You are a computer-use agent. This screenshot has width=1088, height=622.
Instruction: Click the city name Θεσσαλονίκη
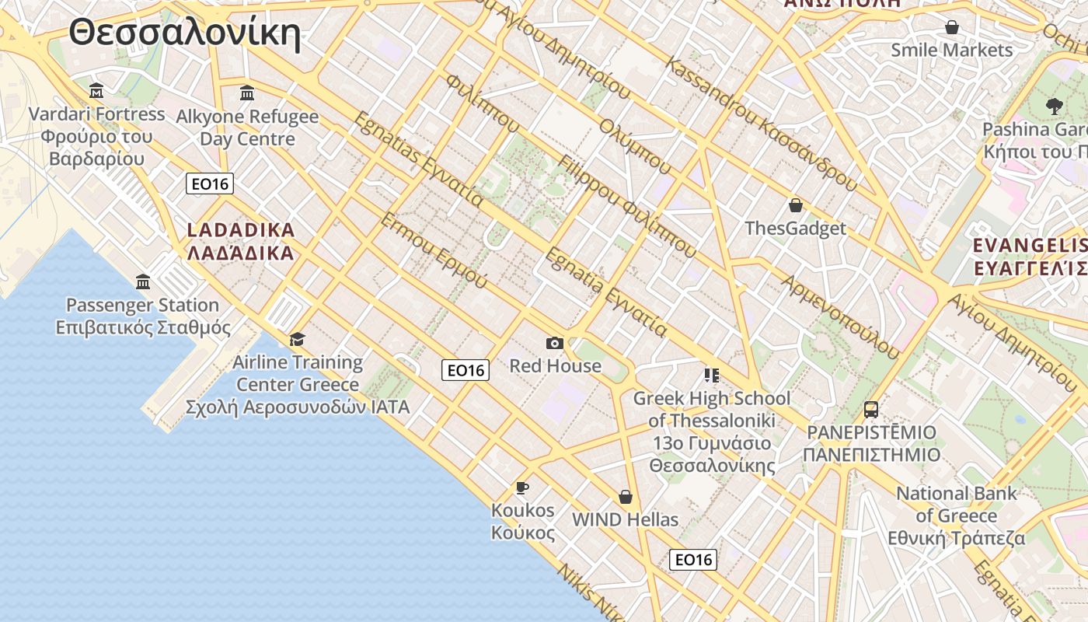click(184, 33)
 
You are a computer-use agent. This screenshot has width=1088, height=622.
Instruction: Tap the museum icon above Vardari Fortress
click(96, 91)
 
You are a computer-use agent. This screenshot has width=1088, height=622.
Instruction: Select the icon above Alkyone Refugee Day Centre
click(247, 93)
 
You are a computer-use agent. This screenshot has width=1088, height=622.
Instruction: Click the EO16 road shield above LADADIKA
click(210, 183)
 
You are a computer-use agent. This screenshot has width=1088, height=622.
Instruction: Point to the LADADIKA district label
click(241, 241)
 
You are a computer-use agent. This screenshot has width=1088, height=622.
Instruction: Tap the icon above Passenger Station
click(143, 281)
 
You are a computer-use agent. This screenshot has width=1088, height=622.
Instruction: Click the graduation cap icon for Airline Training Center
click(297, 339)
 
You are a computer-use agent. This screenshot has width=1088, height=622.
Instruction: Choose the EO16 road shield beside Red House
click(466, 370)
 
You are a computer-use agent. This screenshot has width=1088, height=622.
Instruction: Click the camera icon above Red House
click(555, 343)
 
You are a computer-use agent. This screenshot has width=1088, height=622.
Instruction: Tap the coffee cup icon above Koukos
click(522, 487)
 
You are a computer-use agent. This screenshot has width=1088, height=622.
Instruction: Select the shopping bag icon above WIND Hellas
click(625, 496)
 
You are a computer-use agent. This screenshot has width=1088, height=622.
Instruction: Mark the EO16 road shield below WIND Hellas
click(693, 559)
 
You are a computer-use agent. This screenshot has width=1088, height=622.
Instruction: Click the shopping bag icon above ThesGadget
click(795, 205)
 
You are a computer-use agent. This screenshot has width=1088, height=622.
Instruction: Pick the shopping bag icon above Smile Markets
click(951, 28)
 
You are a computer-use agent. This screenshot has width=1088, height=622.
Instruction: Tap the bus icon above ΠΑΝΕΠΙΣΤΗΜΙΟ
click(871, 409)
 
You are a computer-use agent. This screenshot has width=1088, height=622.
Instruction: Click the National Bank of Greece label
click(957, 515)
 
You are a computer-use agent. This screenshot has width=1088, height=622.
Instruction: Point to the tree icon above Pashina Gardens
click(1054, 106)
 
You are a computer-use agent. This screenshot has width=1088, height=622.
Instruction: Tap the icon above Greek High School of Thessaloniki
click(711, 376)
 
